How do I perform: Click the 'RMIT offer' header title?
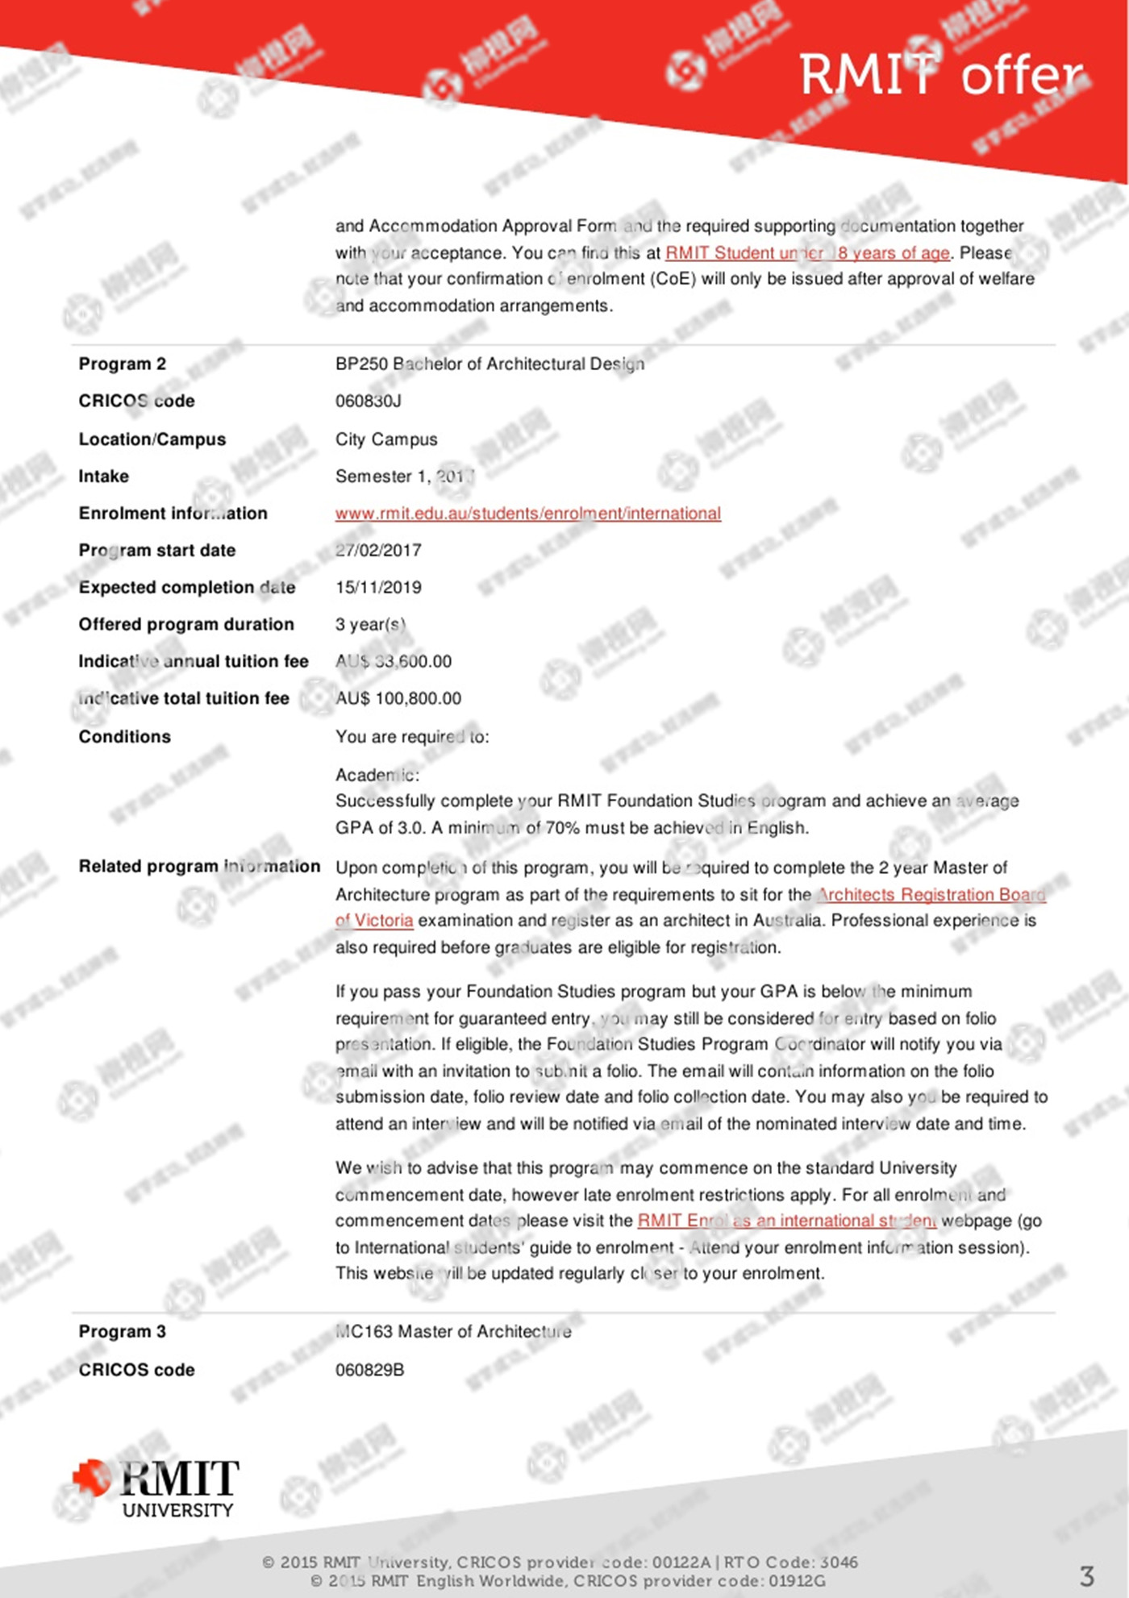tap(941, 76)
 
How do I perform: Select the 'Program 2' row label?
tap(122, 364)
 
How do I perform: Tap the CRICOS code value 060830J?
tap(368, 401)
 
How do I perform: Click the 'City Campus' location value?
tap(386, 439)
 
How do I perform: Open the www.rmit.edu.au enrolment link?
tap(528, 514)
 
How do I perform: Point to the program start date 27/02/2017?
tap(378, 551)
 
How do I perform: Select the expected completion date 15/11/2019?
tap(378, 588)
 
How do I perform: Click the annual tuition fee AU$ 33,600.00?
tap(394, 662)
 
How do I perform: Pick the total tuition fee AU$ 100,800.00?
tap(398, 699)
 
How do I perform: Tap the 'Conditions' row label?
tap(124, 737)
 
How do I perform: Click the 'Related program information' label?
tap(199, 867)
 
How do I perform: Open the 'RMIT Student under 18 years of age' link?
tap(807, 253)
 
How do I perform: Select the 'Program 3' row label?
tap(122, 1332)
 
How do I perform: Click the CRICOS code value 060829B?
tap(369, 1370)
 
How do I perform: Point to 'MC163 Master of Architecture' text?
tap(453, 1332)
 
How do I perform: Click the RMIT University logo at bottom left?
tap(156, 1488)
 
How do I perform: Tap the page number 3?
tap(1086, 1575)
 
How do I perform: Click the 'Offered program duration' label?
tap(186, 625)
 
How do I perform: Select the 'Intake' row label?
tap(103, 476)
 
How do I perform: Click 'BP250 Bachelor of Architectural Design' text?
tap(490, 364)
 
